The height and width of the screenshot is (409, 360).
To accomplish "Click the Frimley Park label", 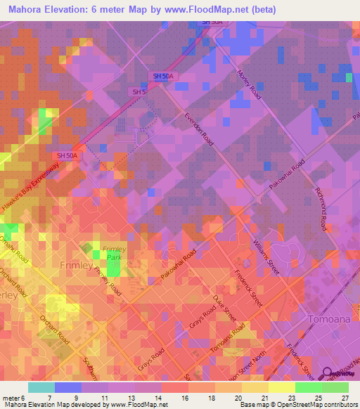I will point(115,254).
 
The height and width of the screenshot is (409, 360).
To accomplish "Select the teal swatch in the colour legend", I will point(41,387).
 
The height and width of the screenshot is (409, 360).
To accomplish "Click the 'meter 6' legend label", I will point(13,398).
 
